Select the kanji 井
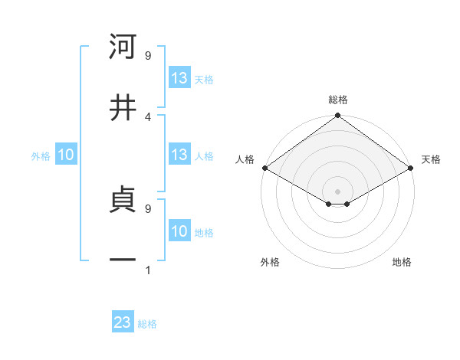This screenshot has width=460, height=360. tap(123, 107)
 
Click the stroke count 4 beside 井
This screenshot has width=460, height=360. tap(148, 116)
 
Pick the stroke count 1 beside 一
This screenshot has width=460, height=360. tap(148, 270)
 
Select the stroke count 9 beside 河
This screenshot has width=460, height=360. tap(148, 55)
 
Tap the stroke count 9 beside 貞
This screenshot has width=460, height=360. tap(148, 208)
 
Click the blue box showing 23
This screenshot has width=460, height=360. tap(123, 322)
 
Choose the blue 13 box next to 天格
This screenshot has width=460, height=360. tap(179, 78)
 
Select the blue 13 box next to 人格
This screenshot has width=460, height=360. tap(179, 155)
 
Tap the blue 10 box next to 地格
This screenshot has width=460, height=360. tap(179, 231)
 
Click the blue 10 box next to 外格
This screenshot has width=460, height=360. tap(66, 155)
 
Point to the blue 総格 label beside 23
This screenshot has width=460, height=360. tap(147, 324)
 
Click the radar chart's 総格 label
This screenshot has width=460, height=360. tap(337, 100)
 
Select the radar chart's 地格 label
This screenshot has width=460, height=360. tap(402, 262)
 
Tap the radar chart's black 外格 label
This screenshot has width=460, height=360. tap(270, 262)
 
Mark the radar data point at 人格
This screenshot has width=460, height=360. tap(264, 168)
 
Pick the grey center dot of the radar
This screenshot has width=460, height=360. tap(337, 190)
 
